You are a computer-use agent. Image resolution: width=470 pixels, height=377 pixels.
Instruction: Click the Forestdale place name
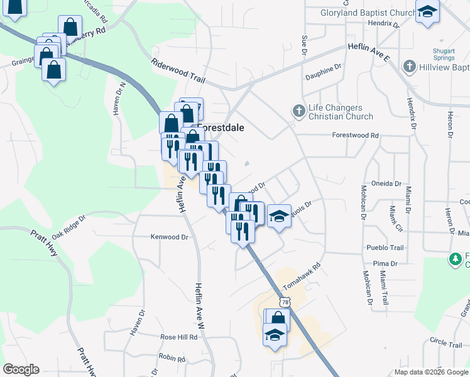click(x=221, y=126)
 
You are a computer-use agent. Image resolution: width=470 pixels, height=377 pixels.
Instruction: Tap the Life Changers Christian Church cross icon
click(x=299, y=111)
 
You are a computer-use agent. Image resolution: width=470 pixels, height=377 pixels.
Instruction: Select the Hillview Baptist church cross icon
click(x=409, y=66)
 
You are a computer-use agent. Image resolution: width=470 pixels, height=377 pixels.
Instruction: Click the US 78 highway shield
click(x=286, y=303)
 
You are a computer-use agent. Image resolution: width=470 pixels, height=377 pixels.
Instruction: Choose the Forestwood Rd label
click(x=356, y=135)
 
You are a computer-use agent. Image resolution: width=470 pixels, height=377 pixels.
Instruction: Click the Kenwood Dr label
click(x=170, y=238)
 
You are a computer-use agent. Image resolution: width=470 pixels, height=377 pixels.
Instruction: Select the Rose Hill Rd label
click(x=178, y=337)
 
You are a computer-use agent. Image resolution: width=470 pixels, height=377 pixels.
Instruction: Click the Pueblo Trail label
click(x=385, y=248)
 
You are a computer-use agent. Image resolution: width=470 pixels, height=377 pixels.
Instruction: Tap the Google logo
click(x=21, y=369)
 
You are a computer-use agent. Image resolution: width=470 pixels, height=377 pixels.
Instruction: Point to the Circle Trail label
click(x=446, y=344)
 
